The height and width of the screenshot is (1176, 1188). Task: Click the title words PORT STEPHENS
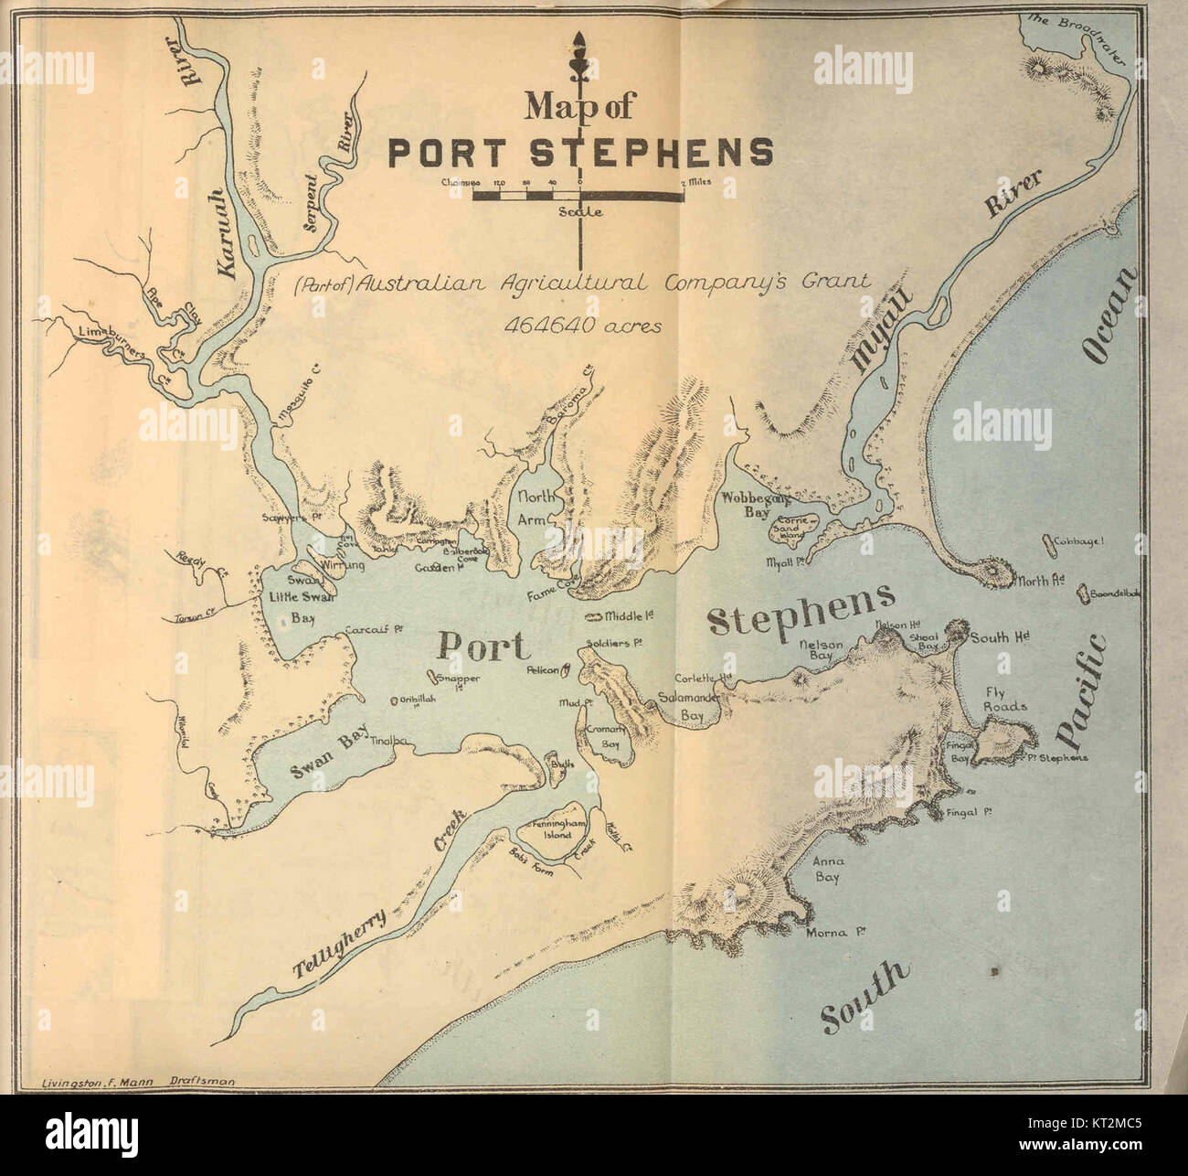point(580,152)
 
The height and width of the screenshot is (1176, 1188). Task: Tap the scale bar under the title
point(578,195)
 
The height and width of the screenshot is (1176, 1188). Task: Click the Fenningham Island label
point(555,829)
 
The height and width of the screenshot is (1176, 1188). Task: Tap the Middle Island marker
point(601,617)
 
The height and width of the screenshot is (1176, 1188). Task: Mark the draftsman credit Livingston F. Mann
point(137,1082)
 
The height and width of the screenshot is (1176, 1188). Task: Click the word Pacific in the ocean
point(1082,690)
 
